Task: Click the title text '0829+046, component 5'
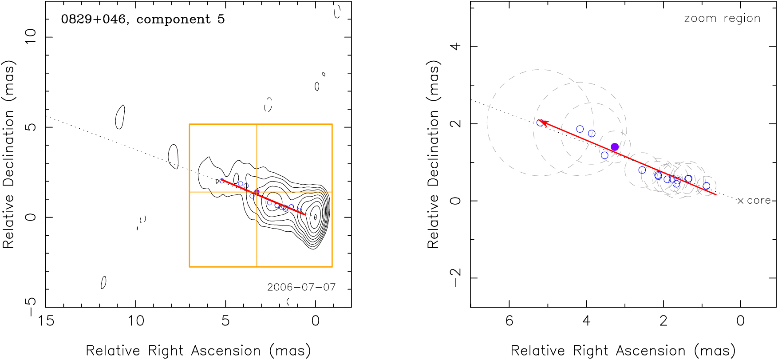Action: pos(142,19)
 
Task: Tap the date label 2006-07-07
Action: pos(301,287)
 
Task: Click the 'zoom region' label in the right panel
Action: pos(722,18)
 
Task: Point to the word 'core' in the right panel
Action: pos(758,201)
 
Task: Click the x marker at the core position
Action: pos(740,201)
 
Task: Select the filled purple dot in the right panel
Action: pos(615,147)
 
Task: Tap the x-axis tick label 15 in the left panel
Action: pos(46,320)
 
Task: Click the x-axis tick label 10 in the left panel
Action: pos(136,320)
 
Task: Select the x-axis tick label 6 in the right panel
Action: pos(509,320)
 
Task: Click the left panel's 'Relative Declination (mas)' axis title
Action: pos(9,154)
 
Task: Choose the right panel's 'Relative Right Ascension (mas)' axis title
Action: pos(623,351)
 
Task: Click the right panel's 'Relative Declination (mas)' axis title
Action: pos(433,154)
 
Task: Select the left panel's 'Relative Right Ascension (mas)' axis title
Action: pos(198,351)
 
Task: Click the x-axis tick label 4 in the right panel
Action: pos(586,320)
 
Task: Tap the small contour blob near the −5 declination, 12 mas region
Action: pos(103,282)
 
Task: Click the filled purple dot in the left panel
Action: pos(257,192)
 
